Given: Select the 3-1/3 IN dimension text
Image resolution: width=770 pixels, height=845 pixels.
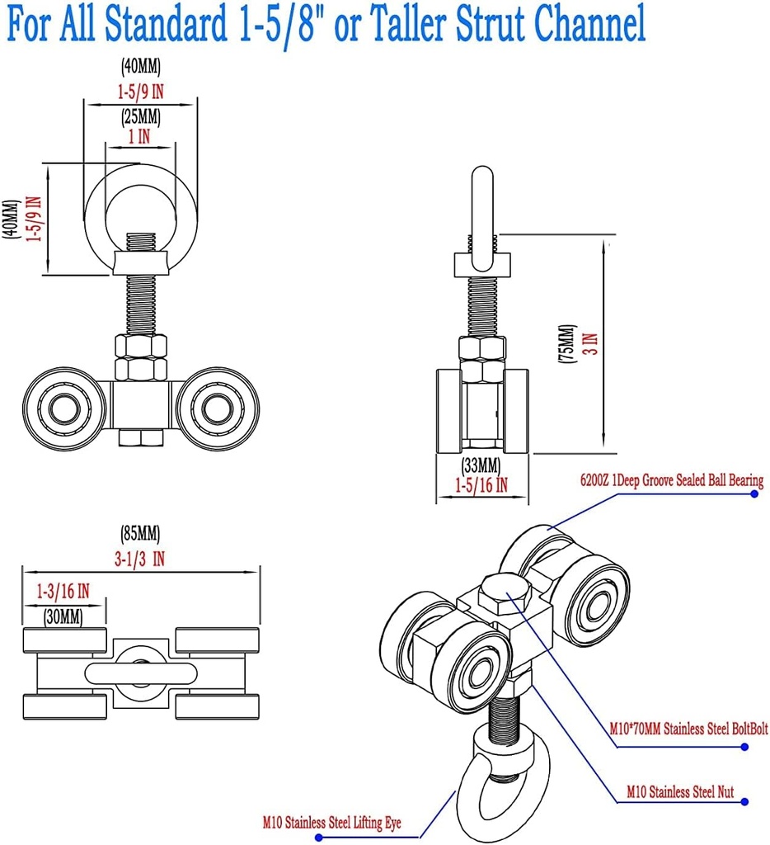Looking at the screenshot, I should [x=141, y=559].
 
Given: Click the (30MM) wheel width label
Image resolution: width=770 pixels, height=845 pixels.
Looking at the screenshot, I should [x=63, y=616].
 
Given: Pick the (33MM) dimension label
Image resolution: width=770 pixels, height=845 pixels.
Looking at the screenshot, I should [x=481, y=464].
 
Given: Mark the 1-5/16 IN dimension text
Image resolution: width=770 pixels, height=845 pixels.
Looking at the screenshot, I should [x=481, y=486].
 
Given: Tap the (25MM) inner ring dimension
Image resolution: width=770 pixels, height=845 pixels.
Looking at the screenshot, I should [x=140, y=117].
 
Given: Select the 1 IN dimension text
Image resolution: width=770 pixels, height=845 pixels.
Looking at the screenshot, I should [x=139, y=137].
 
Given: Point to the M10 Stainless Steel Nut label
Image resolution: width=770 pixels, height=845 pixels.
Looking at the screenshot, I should [x=679, y=792].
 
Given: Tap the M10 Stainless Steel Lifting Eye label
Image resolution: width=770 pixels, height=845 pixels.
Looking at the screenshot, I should [x=340, y=822].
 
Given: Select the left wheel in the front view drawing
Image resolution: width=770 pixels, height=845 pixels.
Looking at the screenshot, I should [x=59, y=408].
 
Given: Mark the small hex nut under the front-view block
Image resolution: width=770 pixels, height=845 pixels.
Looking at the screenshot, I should [x=140, y=437].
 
